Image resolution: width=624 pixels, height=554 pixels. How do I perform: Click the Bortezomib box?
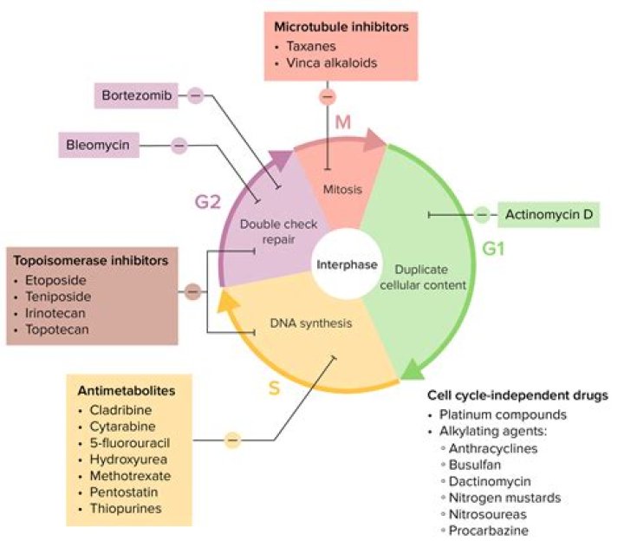[136, 96]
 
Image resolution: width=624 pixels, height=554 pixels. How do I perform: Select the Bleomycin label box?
[99, 145]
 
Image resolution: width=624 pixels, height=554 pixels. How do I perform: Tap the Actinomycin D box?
[549, 214]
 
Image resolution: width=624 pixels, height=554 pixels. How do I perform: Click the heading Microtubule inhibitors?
[341, 27]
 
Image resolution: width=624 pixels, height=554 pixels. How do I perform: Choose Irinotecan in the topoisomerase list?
[55, 313]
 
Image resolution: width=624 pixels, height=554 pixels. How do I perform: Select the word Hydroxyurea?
[128, 459]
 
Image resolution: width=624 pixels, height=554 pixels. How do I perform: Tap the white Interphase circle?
[347, 264]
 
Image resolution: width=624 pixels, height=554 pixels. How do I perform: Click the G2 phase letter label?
[208, 202]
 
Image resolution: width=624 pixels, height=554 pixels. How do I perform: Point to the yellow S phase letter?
[274, 388]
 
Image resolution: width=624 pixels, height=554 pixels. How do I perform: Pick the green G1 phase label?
[493, 249]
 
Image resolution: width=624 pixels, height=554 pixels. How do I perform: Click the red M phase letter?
[342, 122]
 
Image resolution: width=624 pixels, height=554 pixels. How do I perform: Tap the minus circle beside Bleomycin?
[179, 146]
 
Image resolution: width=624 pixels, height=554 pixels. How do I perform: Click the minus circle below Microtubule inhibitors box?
[328, 97]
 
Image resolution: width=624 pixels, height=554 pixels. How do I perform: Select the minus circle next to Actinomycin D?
[482, 215]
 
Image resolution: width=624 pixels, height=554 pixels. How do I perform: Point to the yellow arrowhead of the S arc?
[229, 300]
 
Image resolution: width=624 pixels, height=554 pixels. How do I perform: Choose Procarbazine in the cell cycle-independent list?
[488, 531]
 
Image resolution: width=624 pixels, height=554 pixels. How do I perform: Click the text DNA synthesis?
[311, 323]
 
